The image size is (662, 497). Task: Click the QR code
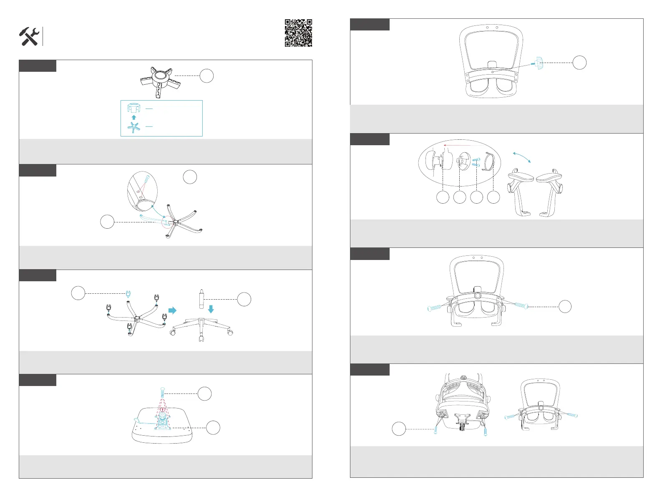298,33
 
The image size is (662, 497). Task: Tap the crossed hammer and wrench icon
29,37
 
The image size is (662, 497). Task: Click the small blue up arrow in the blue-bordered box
134,117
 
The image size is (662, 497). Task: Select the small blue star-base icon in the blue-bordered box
133,127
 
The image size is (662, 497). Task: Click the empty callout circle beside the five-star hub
206,76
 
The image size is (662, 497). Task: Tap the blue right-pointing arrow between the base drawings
172,310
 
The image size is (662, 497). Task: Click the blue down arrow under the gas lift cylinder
211,309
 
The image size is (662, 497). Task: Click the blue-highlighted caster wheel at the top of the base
129,294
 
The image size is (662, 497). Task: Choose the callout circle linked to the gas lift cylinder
244,299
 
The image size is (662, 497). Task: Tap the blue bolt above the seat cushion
162,392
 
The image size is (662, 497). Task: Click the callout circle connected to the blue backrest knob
579,63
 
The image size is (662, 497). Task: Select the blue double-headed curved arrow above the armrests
521,157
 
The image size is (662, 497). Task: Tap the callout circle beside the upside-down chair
399,429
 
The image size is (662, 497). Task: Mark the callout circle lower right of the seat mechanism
213,428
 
